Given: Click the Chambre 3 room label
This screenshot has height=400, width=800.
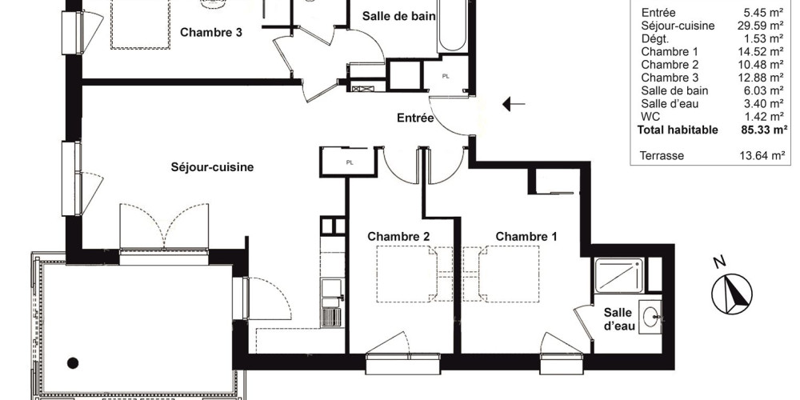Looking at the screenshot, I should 211,33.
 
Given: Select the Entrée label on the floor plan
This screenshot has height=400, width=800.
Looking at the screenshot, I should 415,118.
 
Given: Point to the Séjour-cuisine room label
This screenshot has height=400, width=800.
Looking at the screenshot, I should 212,167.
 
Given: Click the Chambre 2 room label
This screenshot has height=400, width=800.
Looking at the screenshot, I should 398,237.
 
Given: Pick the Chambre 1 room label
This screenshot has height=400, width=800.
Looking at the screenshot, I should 526,237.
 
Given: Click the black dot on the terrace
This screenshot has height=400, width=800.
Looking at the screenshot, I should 73,362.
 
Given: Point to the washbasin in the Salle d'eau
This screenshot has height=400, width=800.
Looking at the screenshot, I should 654,318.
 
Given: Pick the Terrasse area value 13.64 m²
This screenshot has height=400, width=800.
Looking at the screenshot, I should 762,156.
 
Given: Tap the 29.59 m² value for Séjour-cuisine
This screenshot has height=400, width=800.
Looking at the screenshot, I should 762,26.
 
